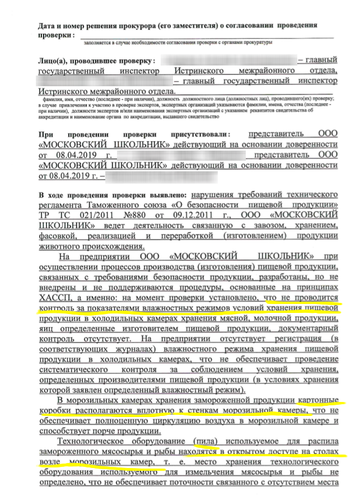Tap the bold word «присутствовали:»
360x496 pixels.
coord(194,135)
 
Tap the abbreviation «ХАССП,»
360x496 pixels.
coord(56,298)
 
